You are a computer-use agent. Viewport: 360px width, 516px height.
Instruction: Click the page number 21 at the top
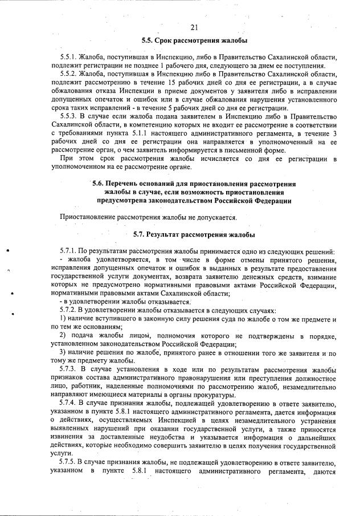194,27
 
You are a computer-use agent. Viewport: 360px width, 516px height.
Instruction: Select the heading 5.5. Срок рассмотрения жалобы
194,40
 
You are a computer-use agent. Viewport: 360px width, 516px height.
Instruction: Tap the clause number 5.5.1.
69,58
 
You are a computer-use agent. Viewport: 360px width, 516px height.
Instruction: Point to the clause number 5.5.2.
69,74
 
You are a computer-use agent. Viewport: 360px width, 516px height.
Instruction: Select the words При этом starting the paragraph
75,159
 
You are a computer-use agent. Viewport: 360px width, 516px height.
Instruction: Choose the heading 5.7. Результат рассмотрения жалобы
194,234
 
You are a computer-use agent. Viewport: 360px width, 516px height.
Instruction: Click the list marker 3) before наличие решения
64,352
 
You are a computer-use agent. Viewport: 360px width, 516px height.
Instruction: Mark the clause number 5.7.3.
69,370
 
